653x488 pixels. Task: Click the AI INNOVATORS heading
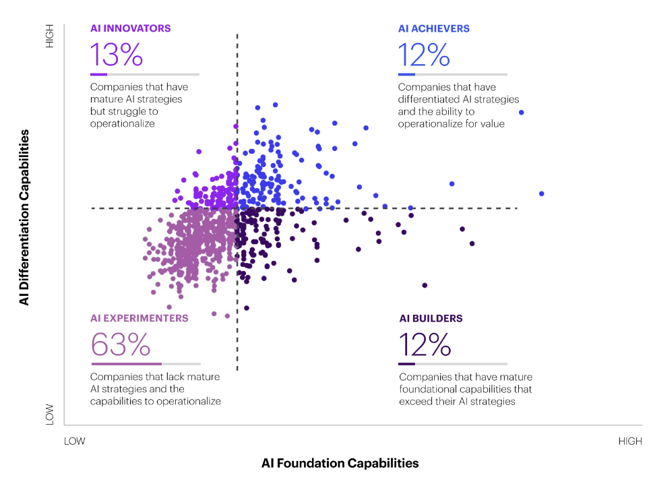(130, 29)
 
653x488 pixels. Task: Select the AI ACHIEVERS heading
(433, 29)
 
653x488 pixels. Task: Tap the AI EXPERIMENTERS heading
(139, 318)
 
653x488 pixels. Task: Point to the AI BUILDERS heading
(431, 318)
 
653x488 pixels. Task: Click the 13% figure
(116, 55)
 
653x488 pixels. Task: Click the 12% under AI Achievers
(424, 55)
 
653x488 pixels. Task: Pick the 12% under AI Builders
(425, 344)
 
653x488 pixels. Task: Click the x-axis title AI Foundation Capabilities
(340, 463)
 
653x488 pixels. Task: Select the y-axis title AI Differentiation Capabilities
(25, 218)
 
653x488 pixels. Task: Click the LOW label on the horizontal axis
(75, 441)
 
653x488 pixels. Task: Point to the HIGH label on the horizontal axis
(629, 441)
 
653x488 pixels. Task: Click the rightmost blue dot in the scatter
(541, 194)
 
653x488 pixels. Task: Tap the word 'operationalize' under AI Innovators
(123, 124)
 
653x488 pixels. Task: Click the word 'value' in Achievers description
(491, 124)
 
